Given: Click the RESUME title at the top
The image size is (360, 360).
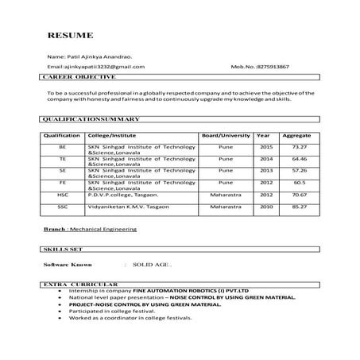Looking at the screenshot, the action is click(70, 37).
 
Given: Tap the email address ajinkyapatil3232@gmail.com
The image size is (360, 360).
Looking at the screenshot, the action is click(96, 67).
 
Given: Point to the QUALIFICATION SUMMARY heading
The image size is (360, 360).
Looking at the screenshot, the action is click(90, 118).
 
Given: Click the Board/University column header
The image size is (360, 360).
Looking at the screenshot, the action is click(226, 135).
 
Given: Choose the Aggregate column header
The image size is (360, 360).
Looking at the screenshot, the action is click(296, 135).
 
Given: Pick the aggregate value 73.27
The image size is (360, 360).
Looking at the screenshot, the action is click(299, 147).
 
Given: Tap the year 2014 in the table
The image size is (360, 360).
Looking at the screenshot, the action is click(266, 159).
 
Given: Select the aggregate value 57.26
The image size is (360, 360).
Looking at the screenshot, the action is click(299, 170).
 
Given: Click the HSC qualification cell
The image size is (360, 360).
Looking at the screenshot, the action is click(62, 194).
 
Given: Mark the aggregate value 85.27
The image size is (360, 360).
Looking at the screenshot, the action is click(299, 207).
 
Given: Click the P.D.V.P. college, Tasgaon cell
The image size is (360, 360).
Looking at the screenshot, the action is click(123, 194).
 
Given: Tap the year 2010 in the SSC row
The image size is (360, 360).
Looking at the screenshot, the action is click(266, 207).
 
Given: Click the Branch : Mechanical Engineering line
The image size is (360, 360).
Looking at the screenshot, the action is click(90, 229).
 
